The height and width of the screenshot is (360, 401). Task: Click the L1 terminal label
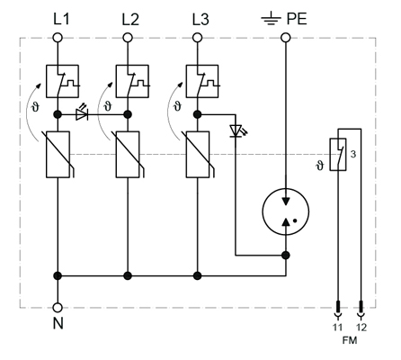(61, 19)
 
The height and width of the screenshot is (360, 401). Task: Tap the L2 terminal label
(130, 19)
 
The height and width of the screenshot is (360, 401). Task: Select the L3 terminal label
(200, 19)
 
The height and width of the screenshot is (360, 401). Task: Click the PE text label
(297, 19)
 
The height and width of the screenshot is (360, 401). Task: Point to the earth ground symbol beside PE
(271, 18)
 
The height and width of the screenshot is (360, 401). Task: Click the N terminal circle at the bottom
(58, 308)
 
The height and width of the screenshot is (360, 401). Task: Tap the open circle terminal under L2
(128, 38)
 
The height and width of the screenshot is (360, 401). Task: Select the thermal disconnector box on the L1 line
(62, 81)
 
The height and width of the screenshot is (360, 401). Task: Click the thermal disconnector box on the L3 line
(202, 81)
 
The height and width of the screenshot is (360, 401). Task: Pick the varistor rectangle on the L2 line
(128, 155)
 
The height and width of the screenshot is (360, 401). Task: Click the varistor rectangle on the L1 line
(58, 155)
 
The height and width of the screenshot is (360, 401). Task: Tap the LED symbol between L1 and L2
(82, 112)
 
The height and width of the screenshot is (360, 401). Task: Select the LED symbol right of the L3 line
(237, 130)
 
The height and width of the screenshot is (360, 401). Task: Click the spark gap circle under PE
(286, 211)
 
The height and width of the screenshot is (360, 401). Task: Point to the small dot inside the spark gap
(295, 220)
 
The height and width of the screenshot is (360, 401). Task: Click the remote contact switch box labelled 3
(338, 155)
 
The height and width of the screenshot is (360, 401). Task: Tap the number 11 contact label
(337, 328)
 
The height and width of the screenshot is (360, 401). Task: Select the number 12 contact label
(361, 328)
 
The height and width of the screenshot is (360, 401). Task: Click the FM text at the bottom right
(350, 340)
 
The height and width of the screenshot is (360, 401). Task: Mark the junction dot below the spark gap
(286, 256)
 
